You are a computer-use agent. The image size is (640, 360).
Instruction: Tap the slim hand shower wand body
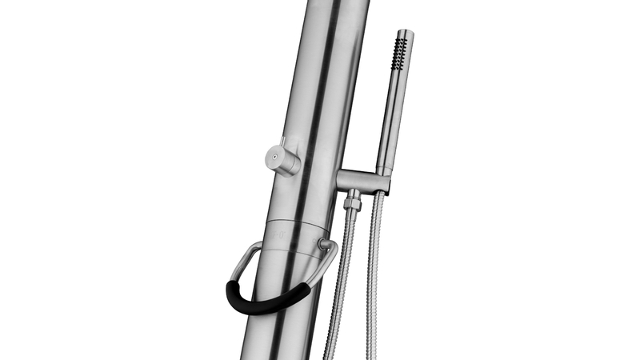coord(390,112)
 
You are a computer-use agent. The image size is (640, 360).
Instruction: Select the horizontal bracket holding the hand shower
coord(360,180)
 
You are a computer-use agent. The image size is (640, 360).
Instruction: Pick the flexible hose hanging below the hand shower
coord(373,272)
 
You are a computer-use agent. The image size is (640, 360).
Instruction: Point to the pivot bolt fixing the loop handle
coord(323,243)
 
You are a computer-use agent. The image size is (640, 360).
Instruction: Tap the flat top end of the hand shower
coord(405,32)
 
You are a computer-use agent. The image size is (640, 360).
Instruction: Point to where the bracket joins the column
coord(338,178)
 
